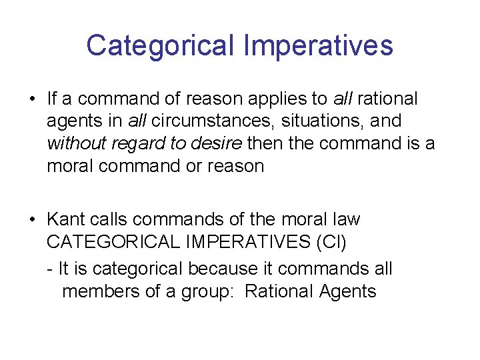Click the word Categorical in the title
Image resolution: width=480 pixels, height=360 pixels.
tap(160, 45)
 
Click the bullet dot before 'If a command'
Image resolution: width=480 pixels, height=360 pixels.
tap(32, 100)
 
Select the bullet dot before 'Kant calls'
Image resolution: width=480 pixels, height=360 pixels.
tap(32, 220)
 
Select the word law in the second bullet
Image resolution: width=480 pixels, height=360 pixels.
tap(346, 219)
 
